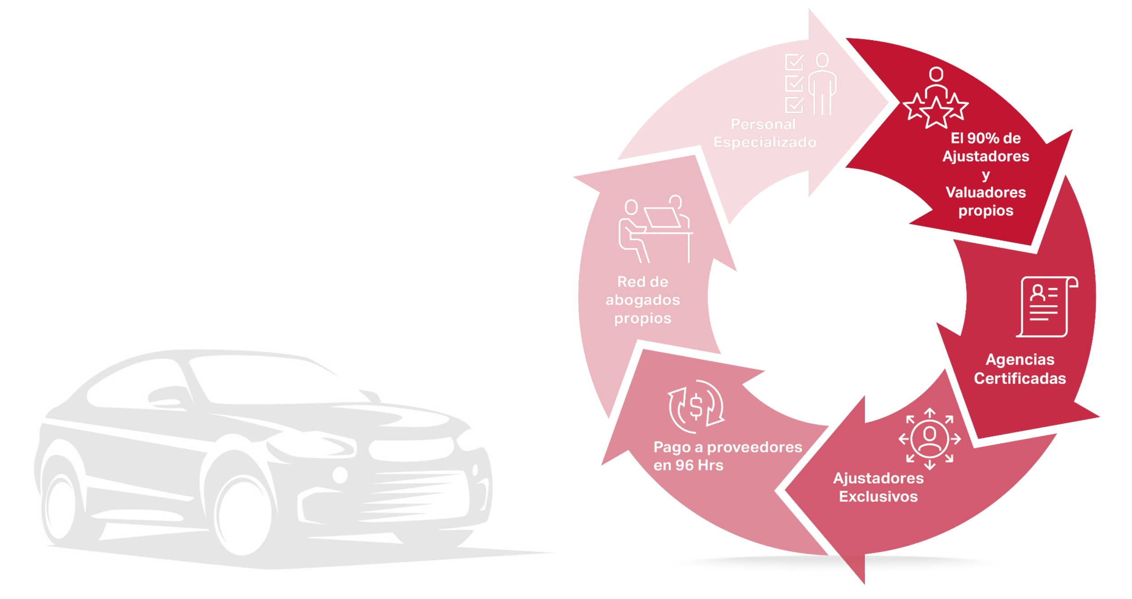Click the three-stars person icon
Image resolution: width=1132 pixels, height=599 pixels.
[x=935, y=98]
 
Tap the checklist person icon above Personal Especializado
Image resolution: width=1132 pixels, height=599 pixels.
[x=810, y=84]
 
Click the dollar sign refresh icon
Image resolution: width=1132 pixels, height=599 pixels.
[x=696, y=406]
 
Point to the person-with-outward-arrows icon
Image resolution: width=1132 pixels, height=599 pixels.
[x=930, y=439]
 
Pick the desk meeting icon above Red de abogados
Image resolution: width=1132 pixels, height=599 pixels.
[x=654, y=229]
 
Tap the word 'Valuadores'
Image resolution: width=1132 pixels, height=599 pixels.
[x=985, y=192]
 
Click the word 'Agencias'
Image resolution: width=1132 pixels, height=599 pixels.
[x=1020, y=359]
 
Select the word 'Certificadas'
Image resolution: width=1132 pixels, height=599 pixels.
[x=1020, y=379]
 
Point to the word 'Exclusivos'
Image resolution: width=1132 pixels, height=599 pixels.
[x=878, y=497]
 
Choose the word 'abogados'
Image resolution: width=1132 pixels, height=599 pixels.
[x=643, y=300]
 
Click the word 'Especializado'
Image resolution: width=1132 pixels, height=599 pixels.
[x=765, y=142]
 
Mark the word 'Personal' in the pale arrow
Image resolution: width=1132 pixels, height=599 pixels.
[x=763, y=124]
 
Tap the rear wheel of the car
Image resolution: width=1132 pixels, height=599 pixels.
[x=61, y=503]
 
